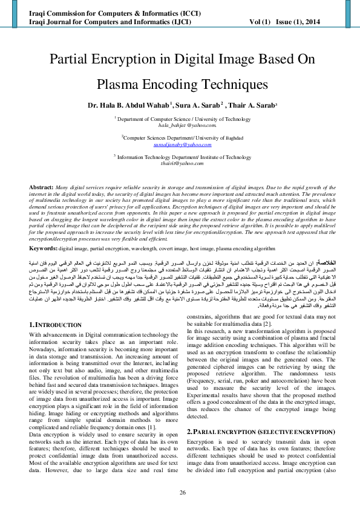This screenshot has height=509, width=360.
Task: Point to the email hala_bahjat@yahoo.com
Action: (180, 126)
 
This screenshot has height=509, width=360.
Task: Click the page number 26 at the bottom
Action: (180, 493)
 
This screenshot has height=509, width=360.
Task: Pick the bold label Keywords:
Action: (44, 248)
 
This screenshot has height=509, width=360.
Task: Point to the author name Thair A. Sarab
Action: (252, 104)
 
